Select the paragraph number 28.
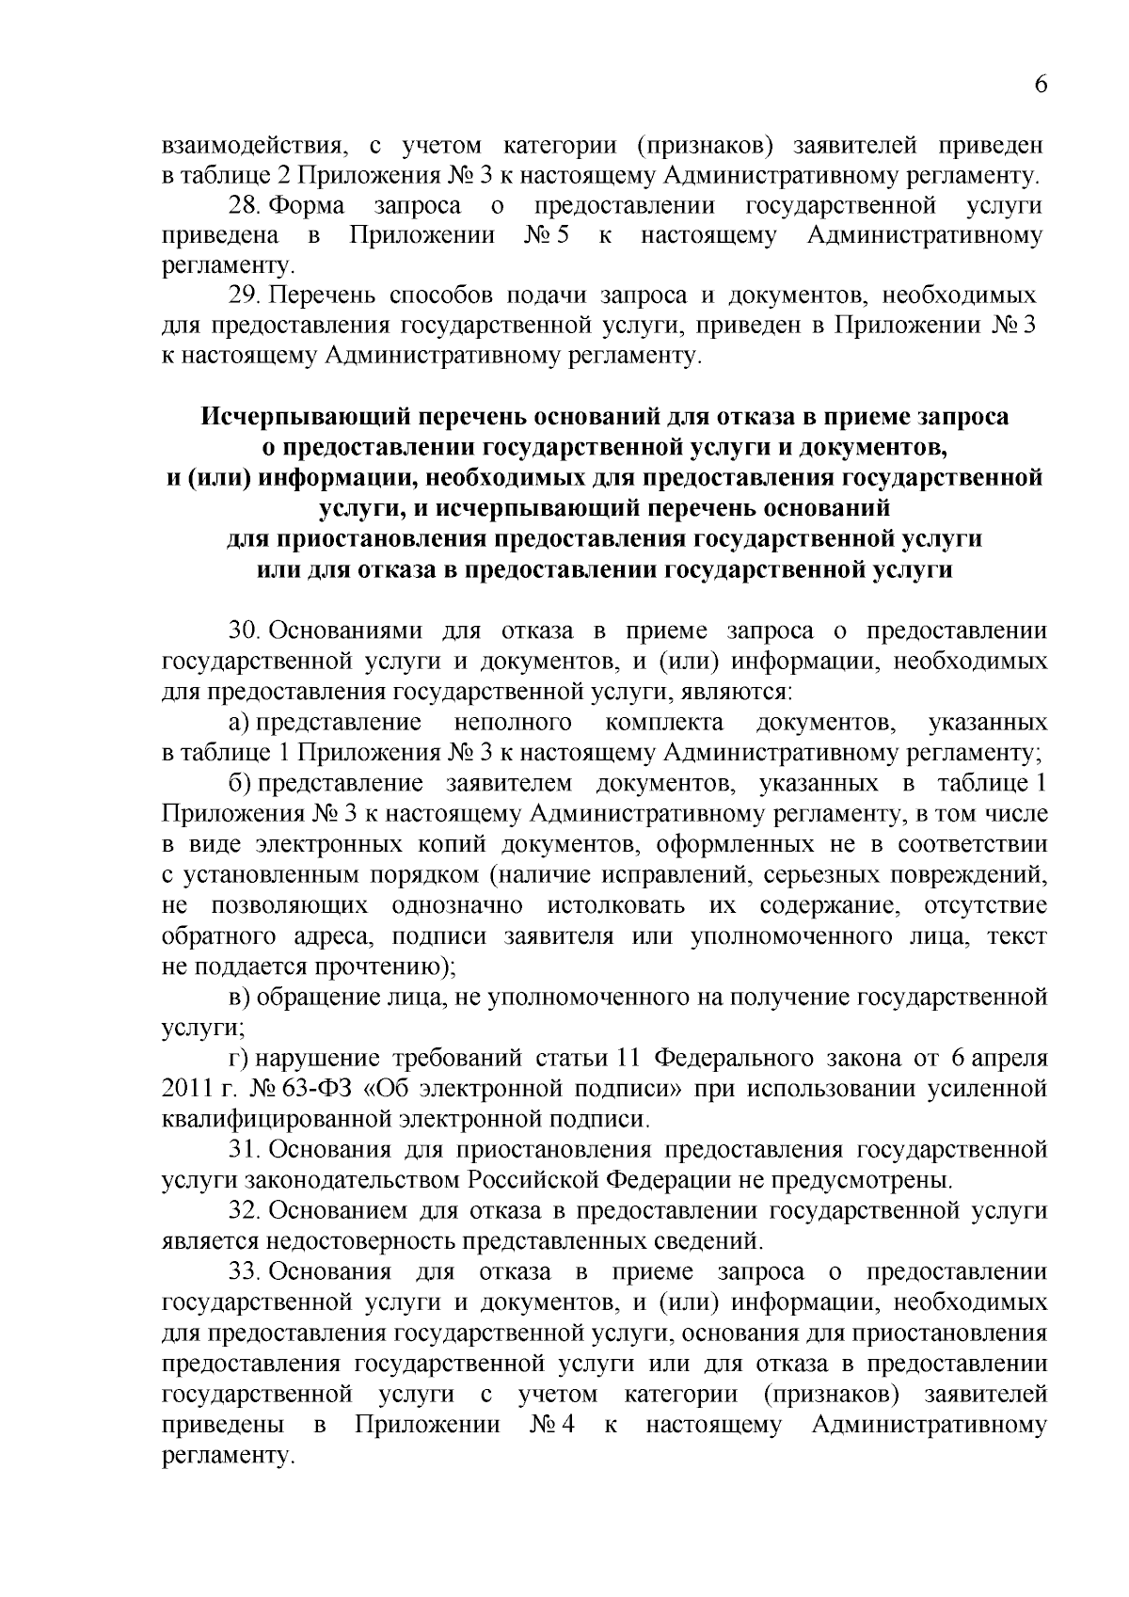click(x=246, y=206)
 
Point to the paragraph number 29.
click(x=246, y=295)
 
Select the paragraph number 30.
click(x=246, y=631)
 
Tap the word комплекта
click(x=664, y=723)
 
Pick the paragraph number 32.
click(x=246, y=1211)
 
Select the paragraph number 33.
click(x=246, y=1272)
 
